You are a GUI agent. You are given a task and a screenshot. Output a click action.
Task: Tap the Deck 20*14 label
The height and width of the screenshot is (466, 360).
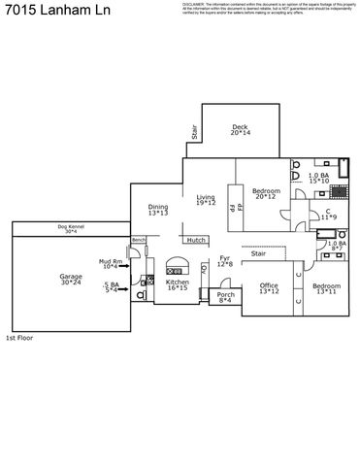240,130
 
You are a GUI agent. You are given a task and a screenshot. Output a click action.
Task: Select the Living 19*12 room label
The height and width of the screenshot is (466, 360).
205,200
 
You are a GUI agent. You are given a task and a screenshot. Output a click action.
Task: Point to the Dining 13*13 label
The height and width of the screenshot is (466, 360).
157,209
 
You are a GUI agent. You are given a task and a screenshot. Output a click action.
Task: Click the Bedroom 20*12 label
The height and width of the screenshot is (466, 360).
266,194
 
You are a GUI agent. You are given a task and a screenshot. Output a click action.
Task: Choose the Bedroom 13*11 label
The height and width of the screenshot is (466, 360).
326,288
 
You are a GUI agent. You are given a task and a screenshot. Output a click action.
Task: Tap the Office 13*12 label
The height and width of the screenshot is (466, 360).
269,288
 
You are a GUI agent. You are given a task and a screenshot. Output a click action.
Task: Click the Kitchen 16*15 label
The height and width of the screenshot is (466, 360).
176,285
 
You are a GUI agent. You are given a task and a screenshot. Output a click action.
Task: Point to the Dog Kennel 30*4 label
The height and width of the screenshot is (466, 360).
71,229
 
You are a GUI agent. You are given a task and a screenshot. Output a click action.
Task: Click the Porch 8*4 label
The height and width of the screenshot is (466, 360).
225,297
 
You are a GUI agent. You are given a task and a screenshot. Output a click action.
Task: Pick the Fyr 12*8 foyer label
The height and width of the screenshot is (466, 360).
224,261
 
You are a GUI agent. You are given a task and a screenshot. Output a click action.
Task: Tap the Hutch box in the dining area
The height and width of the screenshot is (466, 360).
195,240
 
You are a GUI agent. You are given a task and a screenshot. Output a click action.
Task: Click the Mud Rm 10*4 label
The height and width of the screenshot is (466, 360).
110,263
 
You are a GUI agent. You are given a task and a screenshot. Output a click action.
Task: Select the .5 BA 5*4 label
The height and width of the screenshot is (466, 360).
111,287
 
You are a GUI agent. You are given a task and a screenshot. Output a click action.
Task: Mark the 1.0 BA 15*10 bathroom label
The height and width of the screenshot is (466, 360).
319,178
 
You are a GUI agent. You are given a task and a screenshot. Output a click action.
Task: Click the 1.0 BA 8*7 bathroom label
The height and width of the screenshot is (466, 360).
335,246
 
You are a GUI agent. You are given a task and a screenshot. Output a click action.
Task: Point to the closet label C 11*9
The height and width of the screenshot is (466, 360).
328,214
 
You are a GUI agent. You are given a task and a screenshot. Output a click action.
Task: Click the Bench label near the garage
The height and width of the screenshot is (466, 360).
138,240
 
